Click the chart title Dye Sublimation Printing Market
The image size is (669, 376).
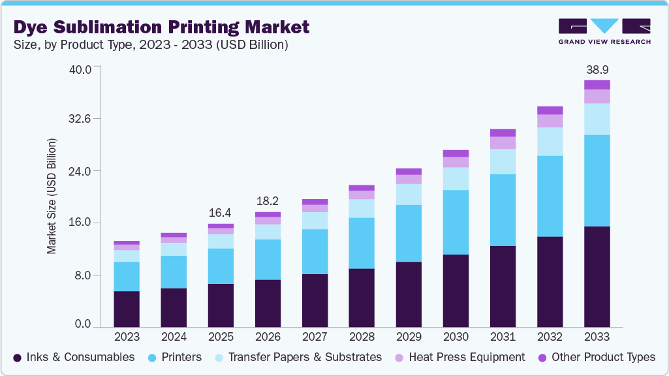161,27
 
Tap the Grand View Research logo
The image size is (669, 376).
604,31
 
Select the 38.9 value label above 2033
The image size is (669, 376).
597,69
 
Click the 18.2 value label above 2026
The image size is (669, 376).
268,201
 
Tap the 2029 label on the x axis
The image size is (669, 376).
409,337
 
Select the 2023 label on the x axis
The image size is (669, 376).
127,337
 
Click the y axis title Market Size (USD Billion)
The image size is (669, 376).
52,196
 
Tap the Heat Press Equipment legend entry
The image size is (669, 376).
460,357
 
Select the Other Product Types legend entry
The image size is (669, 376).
597,357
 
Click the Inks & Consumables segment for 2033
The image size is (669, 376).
597,277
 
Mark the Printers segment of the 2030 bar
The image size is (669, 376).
456,222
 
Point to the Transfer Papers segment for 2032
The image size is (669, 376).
550,142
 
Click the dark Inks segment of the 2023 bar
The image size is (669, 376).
127,309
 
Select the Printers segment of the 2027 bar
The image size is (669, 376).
315,251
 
